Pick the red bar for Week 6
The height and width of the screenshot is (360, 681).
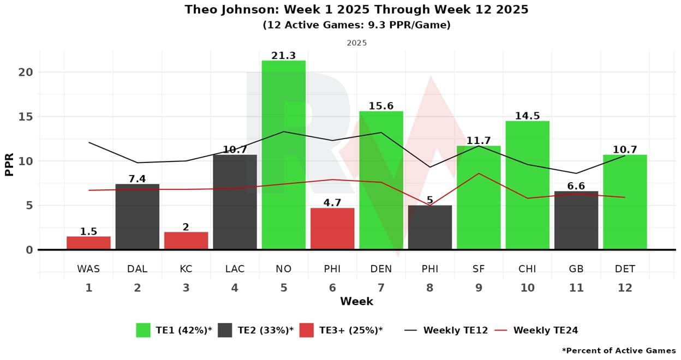point(332,229)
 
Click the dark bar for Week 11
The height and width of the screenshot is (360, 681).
point(576,220)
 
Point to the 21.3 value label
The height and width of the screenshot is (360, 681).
point(284,56)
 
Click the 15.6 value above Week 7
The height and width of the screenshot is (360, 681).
point(381,106)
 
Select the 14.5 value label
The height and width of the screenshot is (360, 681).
point(527,116)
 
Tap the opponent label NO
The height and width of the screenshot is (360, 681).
point(284,269)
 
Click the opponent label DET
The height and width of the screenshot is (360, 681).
point(625,269)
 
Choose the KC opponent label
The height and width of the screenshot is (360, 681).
point(186,269)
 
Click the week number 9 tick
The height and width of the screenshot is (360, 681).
point(479,287)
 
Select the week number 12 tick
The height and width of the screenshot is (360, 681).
point(625,287)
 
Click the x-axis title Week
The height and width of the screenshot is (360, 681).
point(356,302)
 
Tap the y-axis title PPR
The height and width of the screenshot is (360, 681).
point(9,161)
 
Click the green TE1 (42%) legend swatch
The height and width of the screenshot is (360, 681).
point(143,330)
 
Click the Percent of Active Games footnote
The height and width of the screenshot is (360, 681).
point(619,351)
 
